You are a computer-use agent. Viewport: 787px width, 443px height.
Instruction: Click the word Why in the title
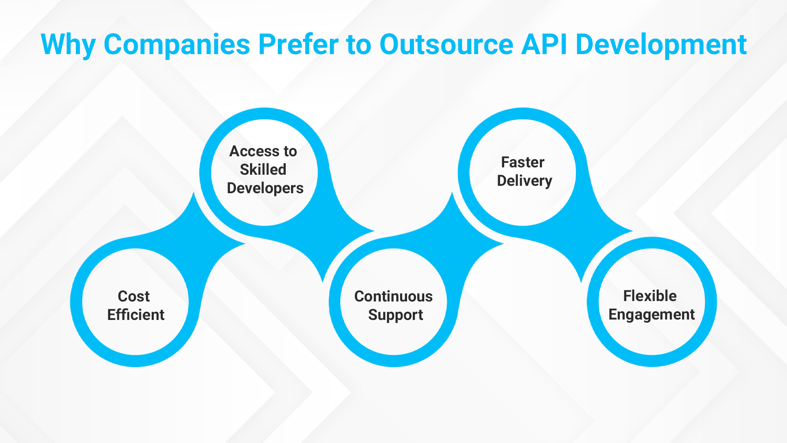tap(68, 45)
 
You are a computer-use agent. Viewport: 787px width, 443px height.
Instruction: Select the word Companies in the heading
tap(177, 44)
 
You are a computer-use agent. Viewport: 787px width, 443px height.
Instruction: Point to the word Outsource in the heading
tap(446, 44)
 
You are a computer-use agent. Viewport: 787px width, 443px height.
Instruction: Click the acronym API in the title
tap(544, 44)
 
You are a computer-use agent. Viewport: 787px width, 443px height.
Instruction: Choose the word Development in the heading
tap(661, 44)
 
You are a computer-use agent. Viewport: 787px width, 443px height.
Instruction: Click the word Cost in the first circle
tap(134, 296)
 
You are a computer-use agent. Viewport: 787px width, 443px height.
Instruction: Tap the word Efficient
tap(136, 315)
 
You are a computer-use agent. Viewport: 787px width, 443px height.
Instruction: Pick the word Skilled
tap(263, 169)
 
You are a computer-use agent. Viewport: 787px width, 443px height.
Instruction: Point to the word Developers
tap(265, 188)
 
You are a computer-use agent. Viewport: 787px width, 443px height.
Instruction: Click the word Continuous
tap(393, 296)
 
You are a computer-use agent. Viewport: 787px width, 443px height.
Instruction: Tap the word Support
tap(396, 315)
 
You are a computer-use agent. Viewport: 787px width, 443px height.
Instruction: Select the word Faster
tap(523, 162)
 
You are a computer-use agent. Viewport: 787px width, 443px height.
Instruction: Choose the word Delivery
tap(525, 181)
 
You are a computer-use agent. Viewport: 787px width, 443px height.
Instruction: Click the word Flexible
tap(650, 296)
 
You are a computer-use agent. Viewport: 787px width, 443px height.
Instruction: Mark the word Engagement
tap(652, 315)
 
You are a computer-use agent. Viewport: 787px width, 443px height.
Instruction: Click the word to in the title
tap(359, 45)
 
